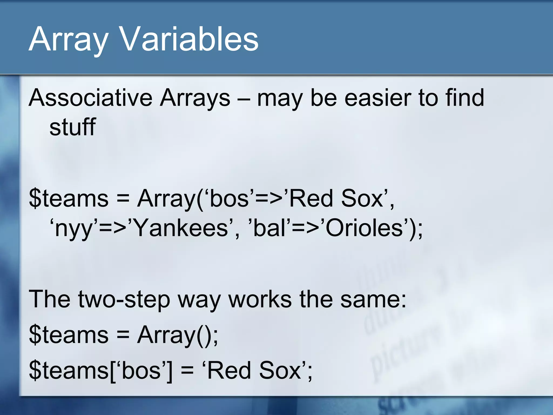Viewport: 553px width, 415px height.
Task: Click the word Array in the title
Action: tap(68, 39)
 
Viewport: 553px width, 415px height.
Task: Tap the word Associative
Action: tap(91, 98)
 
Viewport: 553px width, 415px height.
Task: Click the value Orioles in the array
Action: tap(365, 228)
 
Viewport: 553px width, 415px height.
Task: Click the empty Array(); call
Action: tap(177, 335)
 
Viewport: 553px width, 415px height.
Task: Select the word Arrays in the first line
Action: tap(195, 98)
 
